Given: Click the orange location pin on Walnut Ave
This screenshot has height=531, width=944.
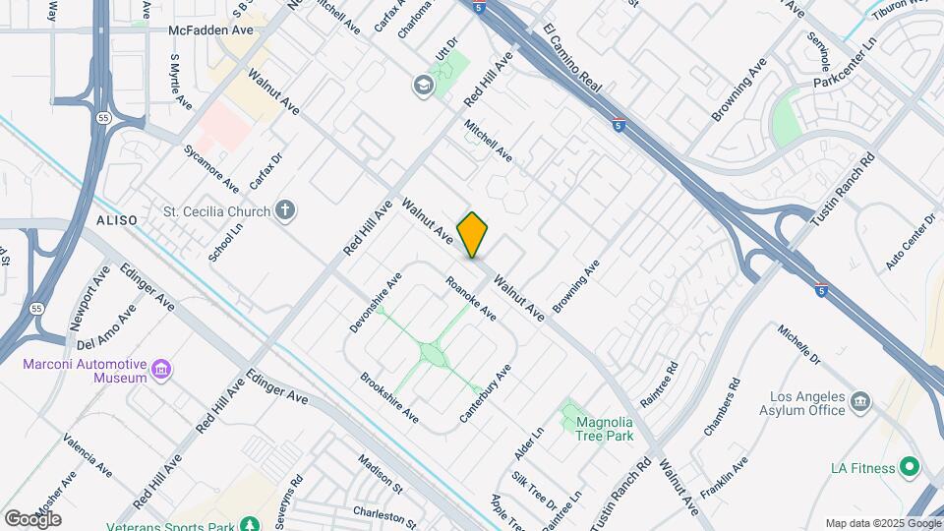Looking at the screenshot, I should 472,234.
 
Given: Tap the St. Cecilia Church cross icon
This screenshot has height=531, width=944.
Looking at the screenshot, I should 285,209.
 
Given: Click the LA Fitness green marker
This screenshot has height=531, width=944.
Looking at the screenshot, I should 910,466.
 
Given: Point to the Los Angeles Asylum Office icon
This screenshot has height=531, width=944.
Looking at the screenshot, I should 860,401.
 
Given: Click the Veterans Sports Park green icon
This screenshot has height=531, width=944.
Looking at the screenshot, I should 251,522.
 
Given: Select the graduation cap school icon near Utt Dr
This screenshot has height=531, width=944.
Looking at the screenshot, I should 424,85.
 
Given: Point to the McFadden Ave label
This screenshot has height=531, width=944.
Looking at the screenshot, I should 211,30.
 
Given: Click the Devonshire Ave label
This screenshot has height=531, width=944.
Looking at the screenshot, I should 376,302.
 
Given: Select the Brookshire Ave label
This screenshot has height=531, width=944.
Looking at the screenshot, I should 389,397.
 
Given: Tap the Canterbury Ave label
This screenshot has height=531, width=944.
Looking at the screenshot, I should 487,395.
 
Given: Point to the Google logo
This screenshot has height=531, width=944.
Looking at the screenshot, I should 33,517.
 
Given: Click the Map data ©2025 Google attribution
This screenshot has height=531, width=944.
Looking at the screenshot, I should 881,523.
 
